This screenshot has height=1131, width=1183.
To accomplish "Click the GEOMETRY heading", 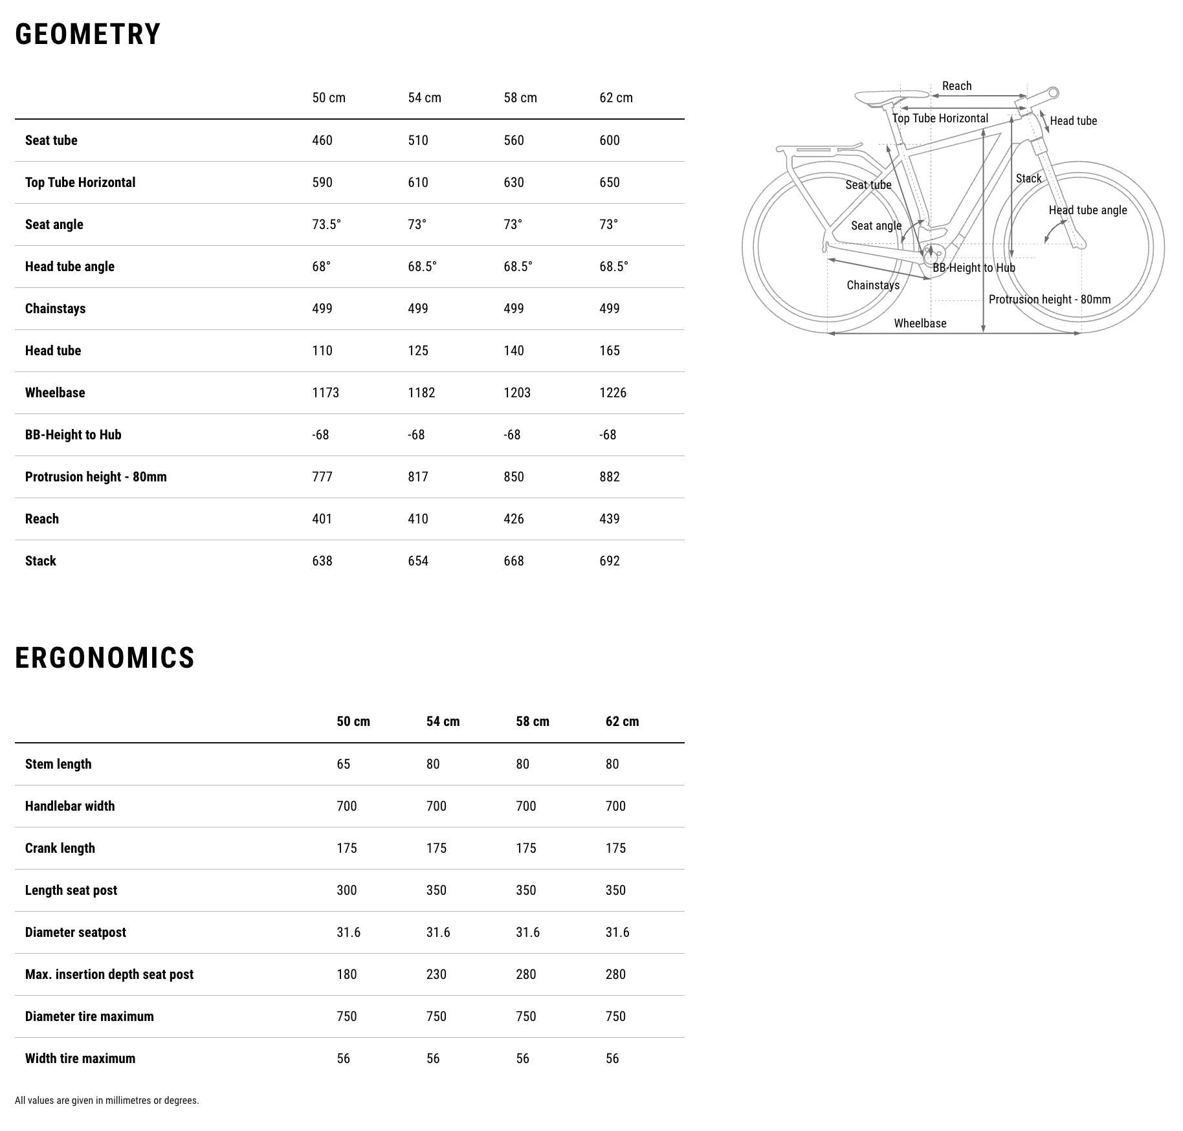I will point(88,34).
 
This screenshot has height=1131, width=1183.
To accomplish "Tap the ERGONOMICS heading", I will point(105,658).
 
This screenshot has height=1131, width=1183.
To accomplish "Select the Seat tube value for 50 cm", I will point(322,140).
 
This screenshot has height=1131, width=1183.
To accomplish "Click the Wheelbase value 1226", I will point(613,393).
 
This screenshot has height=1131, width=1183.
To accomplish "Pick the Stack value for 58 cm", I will point(514,561).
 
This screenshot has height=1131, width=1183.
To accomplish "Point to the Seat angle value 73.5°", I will point(327,225).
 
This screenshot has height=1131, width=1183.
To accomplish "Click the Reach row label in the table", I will point(42,519).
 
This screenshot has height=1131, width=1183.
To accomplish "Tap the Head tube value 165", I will point(610,351).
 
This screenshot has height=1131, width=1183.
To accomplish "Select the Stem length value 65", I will point(344,764).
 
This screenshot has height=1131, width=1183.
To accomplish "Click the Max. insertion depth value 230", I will point(436,974).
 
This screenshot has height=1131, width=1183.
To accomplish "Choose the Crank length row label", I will point(60,848).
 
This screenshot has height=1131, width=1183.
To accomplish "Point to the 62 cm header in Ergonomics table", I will point(622,721).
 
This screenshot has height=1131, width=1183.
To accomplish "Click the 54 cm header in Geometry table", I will point(425,98).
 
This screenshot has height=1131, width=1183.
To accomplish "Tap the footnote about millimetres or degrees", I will point(107,1100).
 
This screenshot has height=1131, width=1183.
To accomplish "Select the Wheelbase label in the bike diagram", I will point(920,324).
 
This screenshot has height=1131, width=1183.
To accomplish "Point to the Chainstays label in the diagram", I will point(873,285).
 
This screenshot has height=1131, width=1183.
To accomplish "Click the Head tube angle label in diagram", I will point(1087,210).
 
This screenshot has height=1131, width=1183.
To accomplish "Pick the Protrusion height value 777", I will point(322,477).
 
